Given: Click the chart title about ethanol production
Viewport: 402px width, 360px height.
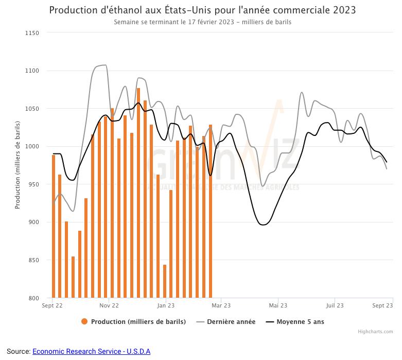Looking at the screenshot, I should (x=202, y=10).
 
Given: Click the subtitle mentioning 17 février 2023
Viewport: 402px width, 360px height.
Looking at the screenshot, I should (x=202, y=22).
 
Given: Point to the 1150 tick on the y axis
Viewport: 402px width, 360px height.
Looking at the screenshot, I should (x=32, y=33).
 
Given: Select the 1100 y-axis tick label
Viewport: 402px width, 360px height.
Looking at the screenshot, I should (x=32, y=71).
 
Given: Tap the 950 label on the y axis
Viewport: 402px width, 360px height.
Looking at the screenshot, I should (x=33, y=184).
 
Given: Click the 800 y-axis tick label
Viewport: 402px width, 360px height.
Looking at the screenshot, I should (x=33, y=298).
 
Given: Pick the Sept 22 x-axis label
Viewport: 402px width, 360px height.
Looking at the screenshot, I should (x=53, y=305).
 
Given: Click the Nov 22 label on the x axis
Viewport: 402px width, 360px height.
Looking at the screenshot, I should (x=109, y=305).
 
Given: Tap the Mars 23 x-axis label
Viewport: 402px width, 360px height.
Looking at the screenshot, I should (x=221, y=305).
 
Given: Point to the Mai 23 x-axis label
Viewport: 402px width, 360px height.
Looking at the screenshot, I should (x=278, y=305).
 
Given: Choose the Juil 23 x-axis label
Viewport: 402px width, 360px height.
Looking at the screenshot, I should (x=335, y=305).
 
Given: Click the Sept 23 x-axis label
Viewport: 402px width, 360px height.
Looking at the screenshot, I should (x=382, y=305).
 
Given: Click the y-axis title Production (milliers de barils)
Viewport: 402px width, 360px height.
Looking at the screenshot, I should (x=18, y=165).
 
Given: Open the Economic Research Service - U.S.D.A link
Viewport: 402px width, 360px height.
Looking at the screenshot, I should (x=91, y=351).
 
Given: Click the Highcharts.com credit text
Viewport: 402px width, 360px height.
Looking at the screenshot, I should (x=375, y=332).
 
